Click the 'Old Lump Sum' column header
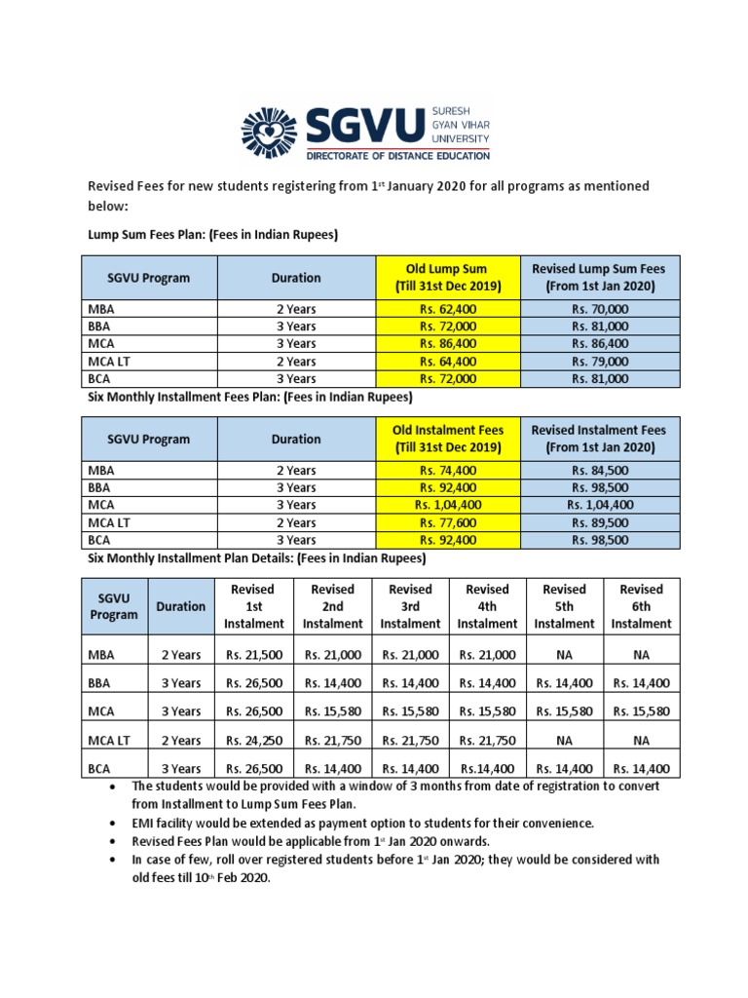[448, 277]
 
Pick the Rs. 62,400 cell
[448, 309]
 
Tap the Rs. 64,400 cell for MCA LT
[448, 362]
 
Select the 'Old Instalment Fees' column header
[448, 439]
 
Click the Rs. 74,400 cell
[448, 470]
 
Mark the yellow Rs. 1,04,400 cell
[448, 505]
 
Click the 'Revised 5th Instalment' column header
[564, 606]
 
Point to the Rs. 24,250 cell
[254, 741]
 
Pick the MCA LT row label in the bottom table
[108, 741]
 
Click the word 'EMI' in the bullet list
[144, 824]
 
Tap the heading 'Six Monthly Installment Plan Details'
[257, 559]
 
